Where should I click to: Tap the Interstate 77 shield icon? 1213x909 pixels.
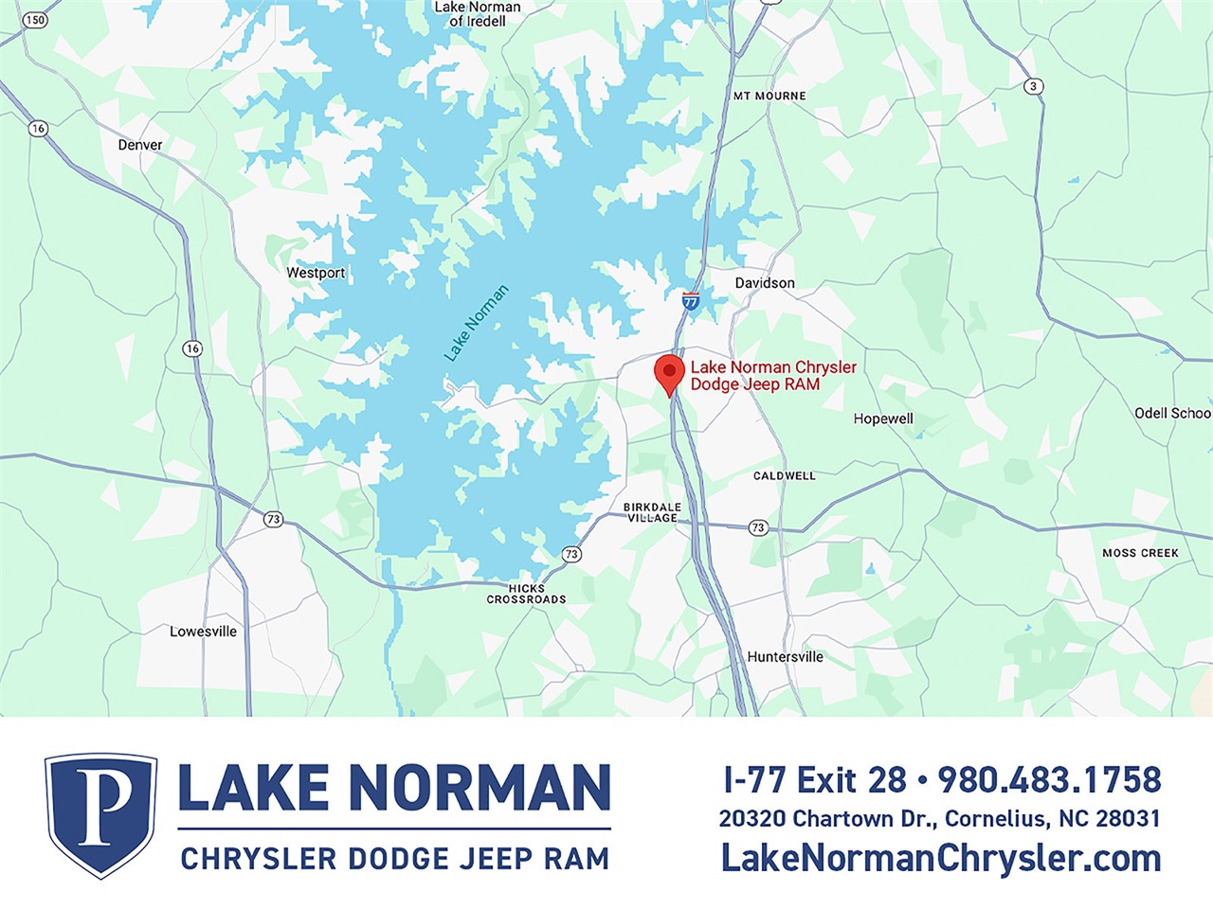click(691, 301)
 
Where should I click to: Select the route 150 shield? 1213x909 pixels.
click(35, 20)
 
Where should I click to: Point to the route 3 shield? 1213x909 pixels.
click(1033, 86)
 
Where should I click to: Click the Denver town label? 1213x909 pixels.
click(140, 145)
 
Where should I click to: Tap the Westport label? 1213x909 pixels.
click(316, 273)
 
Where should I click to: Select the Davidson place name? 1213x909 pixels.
click(765, 283)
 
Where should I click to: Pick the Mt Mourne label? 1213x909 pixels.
click(769, 96)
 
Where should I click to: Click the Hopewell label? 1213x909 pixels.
click(883, 419)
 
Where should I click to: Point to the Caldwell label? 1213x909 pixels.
click(784, 475)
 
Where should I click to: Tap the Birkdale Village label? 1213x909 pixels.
click(652, 512)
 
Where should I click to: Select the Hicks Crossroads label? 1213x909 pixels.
click(526, 594)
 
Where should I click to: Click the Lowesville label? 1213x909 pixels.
click(203, 632)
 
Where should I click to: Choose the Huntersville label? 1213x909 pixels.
click(785, 656)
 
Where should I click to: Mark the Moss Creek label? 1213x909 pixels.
click(1140, 553)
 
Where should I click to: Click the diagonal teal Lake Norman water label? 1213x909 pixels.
click(477, 323)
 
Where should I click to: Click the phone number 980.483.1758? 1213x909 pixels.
click(1049, 779)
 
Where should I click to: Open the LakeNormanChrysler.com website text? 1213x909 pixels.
click(940, 858)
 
